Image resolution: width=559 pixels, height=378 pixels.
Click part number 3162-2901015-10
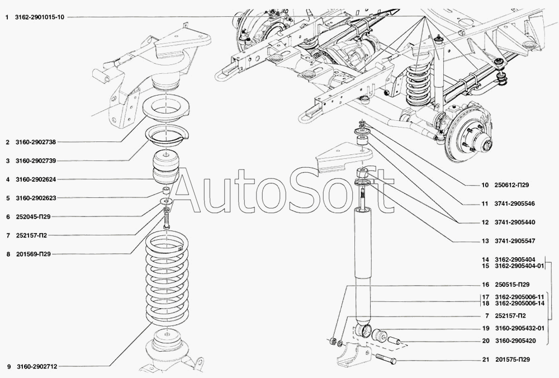[x=40, y=17]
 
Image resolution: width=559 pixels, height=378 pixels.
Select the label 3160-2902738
[x=36, y=142]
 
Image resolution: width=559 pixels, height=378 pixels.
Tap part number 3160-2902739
[x=36, y=161]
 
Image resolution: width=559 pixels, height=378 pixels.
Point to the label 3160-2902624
[x=36, y=179]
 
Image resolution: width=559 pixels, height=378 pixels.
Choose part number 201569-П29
[x=33, y=254]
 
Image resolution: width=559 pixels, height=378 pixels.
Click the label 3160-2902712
[x=37, y=367]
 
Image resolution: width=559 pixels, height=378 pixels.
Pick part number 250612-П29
[x=511, y=185]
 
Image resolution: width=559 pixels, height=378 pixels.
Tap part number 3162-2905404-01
[x=520, y=266]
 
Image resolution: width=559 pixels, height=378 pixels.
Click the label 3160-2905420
[x=515, y=341]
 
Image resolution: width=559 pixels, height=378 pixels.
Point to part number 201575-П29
[x=512, y=360]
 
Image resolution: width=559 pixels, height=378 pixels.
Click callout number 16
[x=485, y=285]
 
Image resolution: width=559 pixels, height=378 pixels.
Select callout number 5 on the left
[x=8, y=198]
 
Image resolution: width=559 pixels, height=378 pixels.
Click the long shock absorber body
[x=363, y=264]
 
